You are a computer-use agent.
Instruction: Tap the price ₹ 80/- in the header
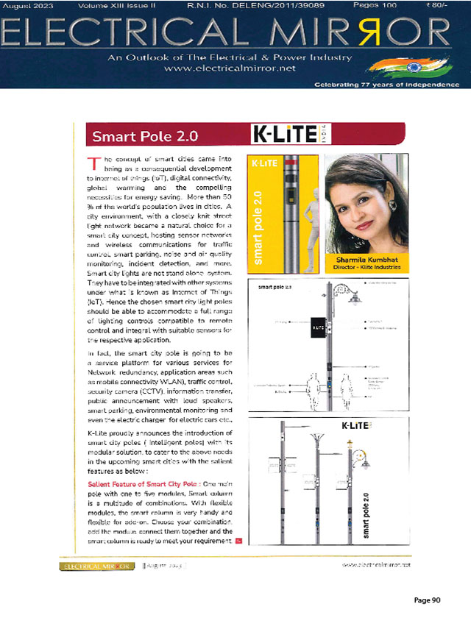pos(444,5)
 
